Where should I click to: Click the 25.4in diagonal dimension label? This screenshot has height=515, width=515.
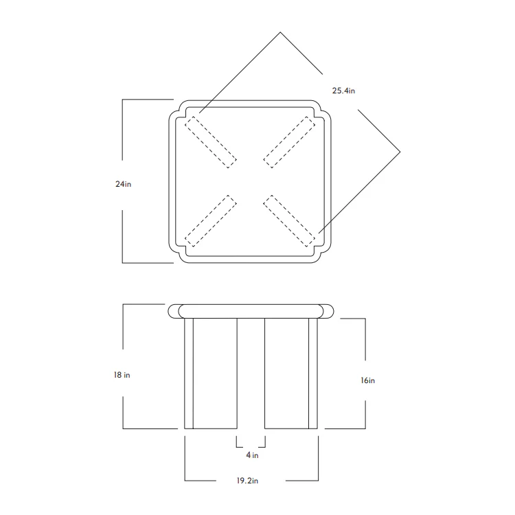point(343,91)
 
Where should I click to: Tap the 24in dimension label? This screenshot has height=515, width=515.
point(123,184)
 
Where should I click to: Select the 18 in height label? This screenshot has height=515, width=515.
point(122,375)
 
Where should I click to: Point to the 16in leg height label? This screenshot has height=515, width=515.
point(367,380)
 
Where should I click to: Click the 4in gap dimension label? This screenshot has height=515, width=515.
point(252,455)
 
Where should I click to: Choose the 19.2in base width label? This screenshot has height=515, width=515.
point(247,481)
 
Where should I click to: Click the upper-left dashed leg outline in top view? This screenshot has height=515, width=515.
point(211,142)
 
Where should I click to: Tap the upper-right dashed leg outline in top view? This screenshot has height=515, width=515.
point(289,142)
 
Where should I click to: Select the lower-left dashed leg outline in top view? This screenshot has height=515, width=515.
point(211,221)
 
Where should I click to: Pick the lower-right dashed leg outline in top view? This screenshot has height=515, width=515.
point(289,221)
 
